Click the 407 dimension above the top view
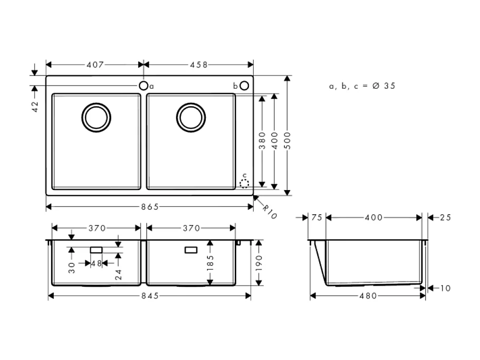[x=95, y=65]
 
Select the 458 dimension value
[x=198, y=65]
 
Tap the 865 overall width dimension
[x=150, y=206]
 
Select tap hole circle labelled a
[x=143, y=86]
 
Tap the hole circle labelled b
[x=244, y=86]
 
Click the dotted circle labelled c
[x=244, y=183]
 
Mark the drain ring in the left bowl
[x=97, y=117]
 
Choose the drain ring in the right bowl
[x=191, y=117]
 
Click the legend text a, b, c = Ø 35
[x=362, y=86]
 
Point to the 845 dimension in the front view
[x=150, y=296]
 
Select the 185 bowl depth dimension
[x=210, y=262]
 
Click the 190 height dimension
[x=258, y=262]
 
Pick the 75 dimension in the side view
[x=316, y=217]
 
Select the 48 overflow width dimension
[x=96, y=263]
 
